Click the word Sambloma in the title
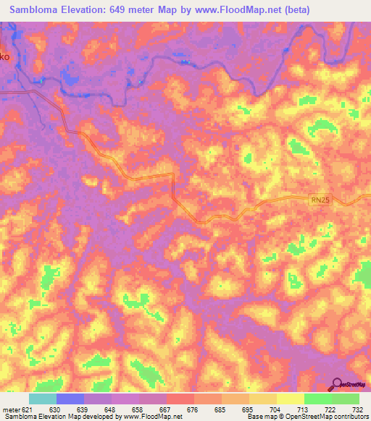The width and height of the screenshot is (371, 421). pyautogui.click(x=36, y=9)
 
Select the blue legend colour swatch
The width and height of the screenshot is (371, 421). pyautogui.click(x=70, y=399)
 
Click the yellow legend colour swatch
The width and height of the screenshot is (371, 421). pyautogui.click(x=290, y=399)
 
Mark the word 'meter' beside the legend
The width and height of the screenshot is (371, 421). pyautogui.click(x=12, y=409)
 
